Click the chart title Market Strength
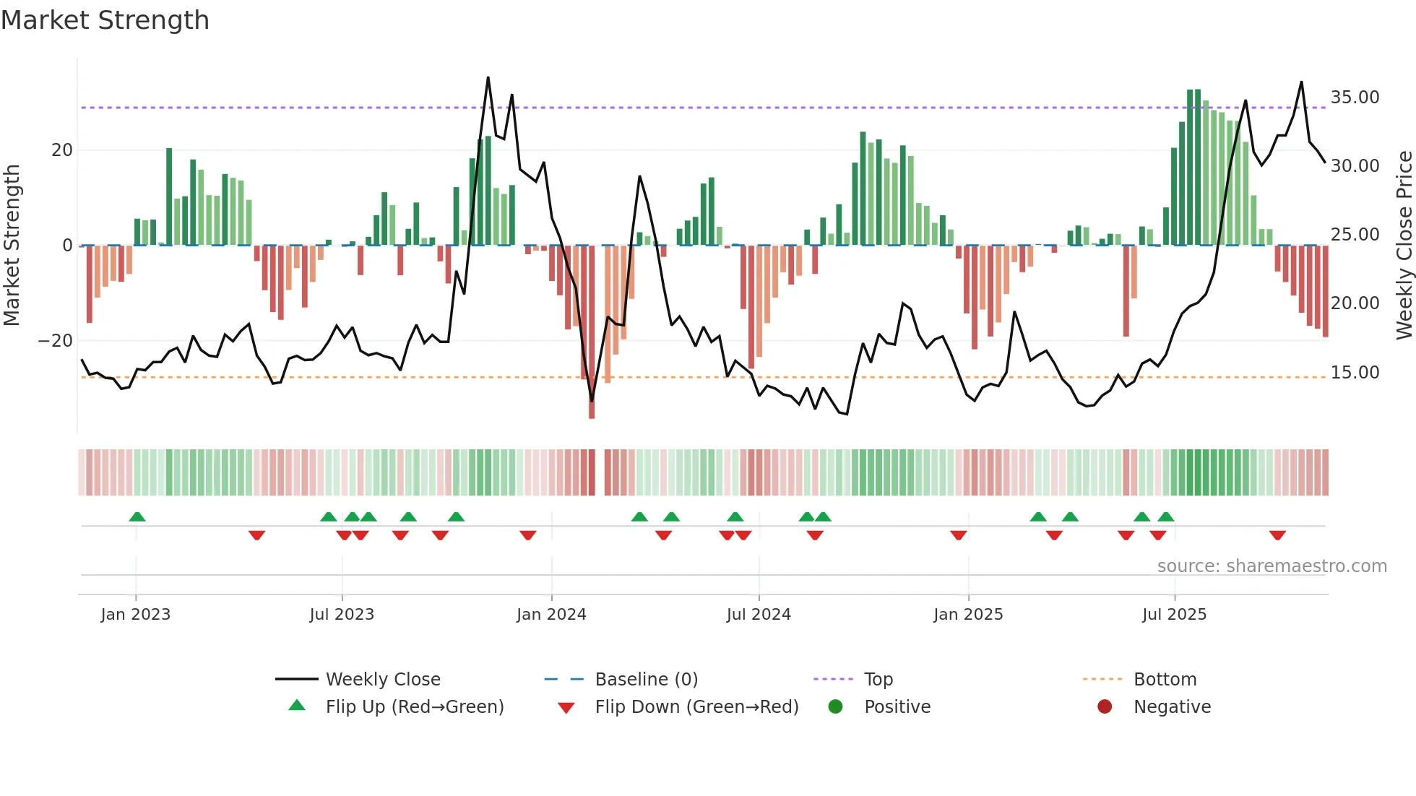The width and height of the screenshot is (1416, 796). coord(105,20)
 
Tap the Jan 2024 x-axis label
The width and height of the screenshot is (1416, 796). coord(551,615)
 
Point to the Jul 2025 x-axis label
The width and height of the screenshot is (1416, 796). coord(1174,615)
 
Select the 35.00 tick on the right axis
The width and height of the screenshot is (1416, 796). coord(1355,98)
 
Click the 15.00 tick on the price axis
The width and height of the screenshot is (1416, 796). coord(1355,373)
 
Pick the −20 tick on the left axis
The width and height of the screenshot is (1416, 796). coord(56,341)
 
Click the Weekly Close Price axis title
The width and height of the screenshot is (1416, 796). coord(1404,246)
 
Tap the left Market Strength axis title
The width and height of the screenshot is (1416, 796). coord(12,246)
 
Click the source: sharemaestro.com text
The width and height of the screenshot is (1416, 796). coord(1272,566)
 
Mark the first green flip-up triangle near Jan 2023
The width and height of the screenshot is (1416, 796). coord(137,516)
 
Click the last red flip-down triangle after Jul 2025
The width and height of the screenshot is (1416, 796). coord(1277,535)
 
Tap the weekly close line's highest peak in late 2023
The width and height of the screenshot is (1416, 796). coord(488,78)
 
